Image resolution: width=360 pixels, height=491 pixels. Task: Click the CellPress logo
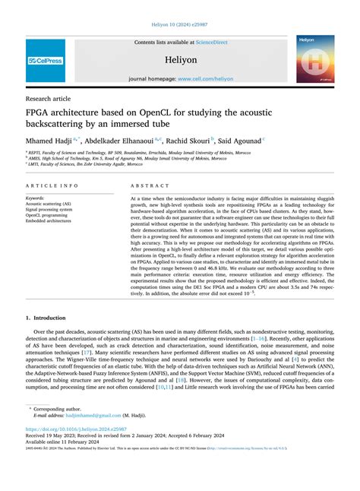(x=46, y=59)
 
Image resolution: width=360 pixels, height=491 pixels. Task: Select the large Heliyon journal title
(x=180, y=59)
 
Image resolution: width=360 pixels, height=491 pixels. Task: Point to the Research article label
(x=49, y=99)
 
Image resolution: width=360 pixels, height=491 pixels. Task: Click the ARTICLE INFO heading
(x=51, y=185)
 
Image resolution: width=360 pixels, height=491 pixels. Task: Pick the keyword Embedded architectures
(x=53, y=221)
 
